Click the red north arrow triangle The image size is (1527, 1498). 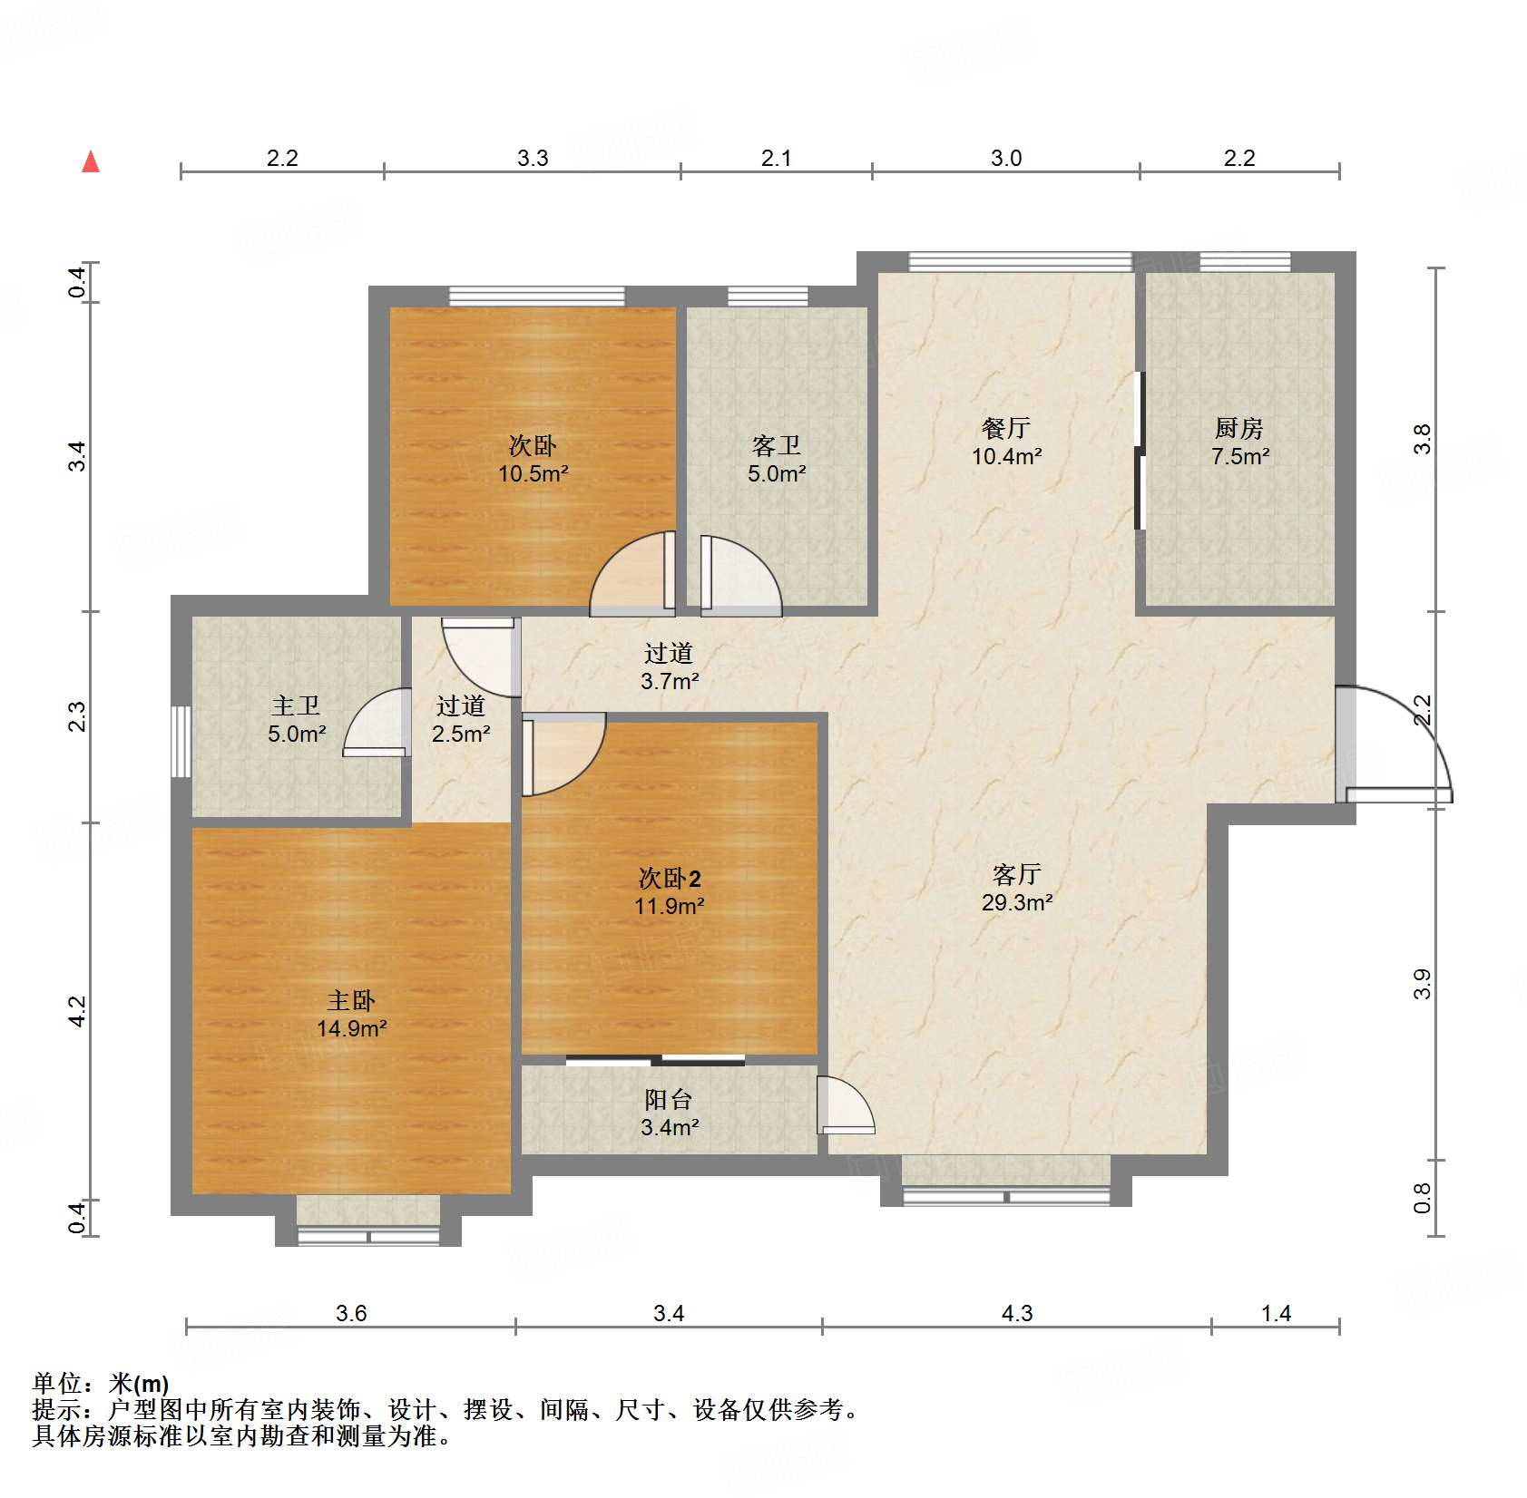pos(91,161)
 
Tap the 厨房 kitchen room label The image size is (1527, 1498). pos(1238,427)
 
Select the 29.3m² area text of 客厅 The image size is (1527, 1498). pos(1016,902)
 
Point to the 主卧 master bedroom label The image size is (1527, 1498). pos(351,1000)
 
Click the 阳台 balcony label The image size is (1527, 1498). pos(669,1099)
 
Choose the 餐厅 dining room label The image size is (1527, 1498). pos(1006,427)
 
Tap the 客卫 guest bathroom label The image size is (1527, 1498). pos(777,445)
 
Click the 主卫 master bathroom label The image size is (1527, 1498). pos(296,705)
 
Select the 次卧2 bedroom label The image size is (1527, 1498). pos(670,878)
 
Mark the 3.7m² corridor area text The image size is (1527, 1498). pos(670,681)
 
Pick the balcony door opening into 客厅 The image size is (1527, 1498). pos(846,1104)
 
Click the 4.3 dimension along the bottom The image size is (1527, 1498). pos(1016,1313)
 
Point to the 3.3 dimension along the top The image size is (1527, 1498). pos(533,158)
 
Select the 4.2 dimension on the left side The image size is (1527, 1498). pos(78,1012)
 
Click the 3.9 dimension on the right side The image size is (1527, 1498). pos(1422,984)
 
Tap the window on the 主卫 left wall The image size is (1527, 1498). pos(181,742)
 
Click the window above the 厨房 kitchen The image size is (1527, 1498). pos(1245,262)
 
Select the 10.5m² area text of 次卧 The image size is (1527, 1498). pos(533,473)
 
